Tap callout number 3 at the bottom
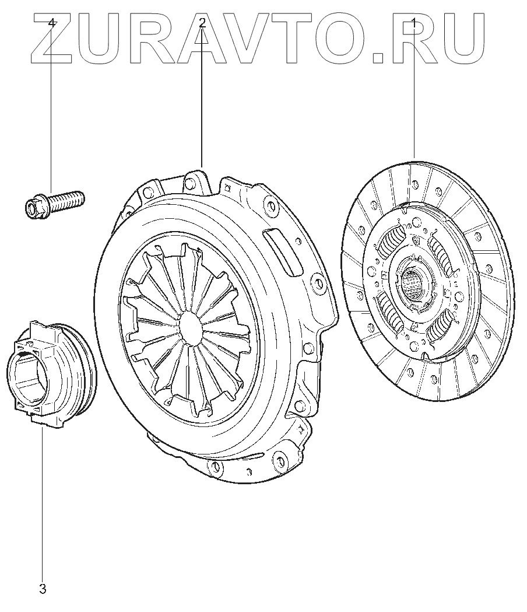click(x=43, y=589)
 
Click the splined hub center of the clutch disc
click(x=414, y=282)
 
